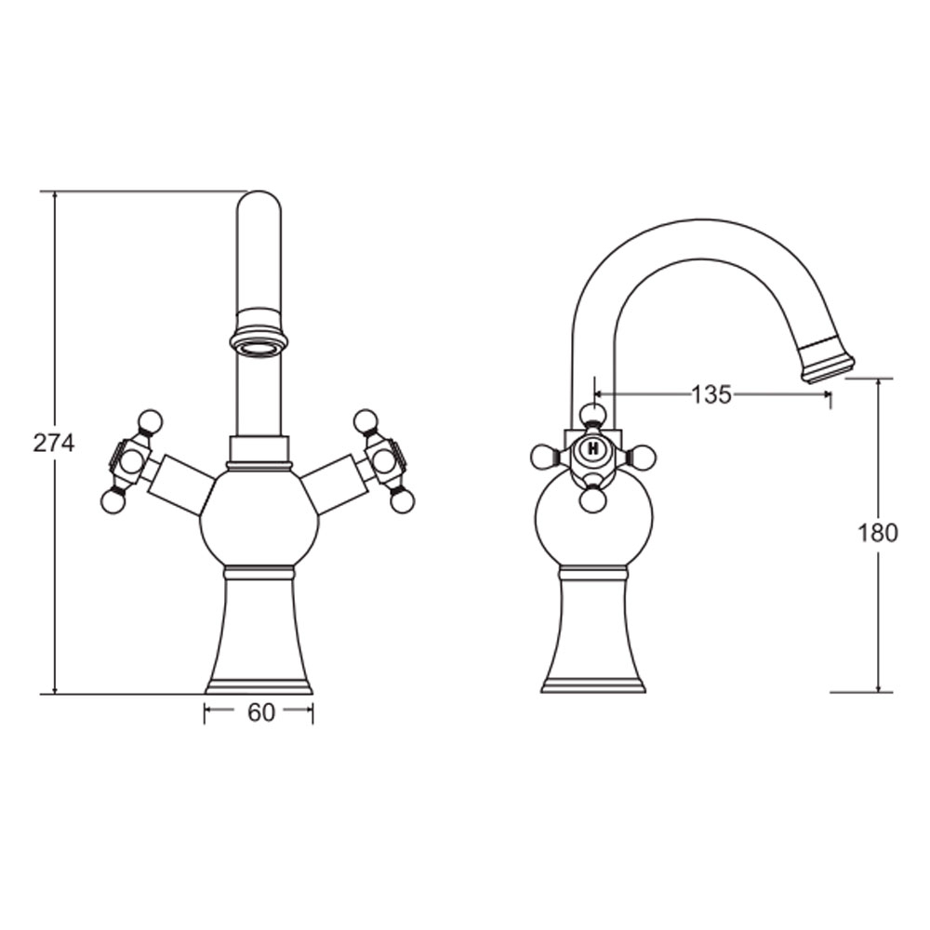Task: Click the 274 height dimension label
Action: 53,443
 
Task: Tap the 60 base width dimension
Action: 261,712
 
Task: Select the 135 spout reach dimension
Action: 711,393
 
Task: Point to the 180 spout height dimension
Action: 878,533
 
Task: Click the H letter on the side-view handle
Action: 592,449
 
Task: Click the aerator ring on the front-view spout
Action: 259,342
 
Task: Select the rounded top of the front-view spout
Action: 259,202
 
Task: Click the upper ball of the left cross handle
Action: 150,421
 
